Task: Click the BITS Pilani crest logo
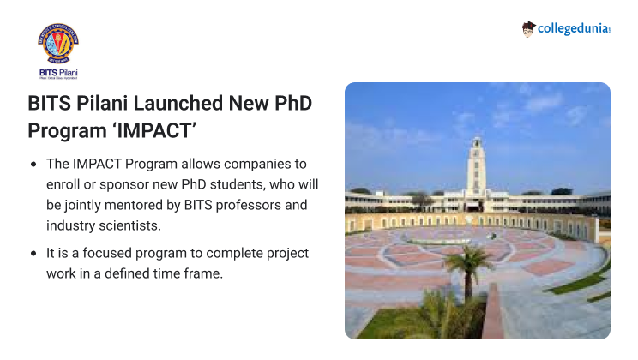point(58,45)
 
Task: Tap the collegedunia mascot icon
point(529,29)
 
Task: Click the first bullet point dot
point(33,164)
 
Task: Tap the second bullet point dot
point(33,254)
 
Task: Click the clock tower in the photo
point(476,163)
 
